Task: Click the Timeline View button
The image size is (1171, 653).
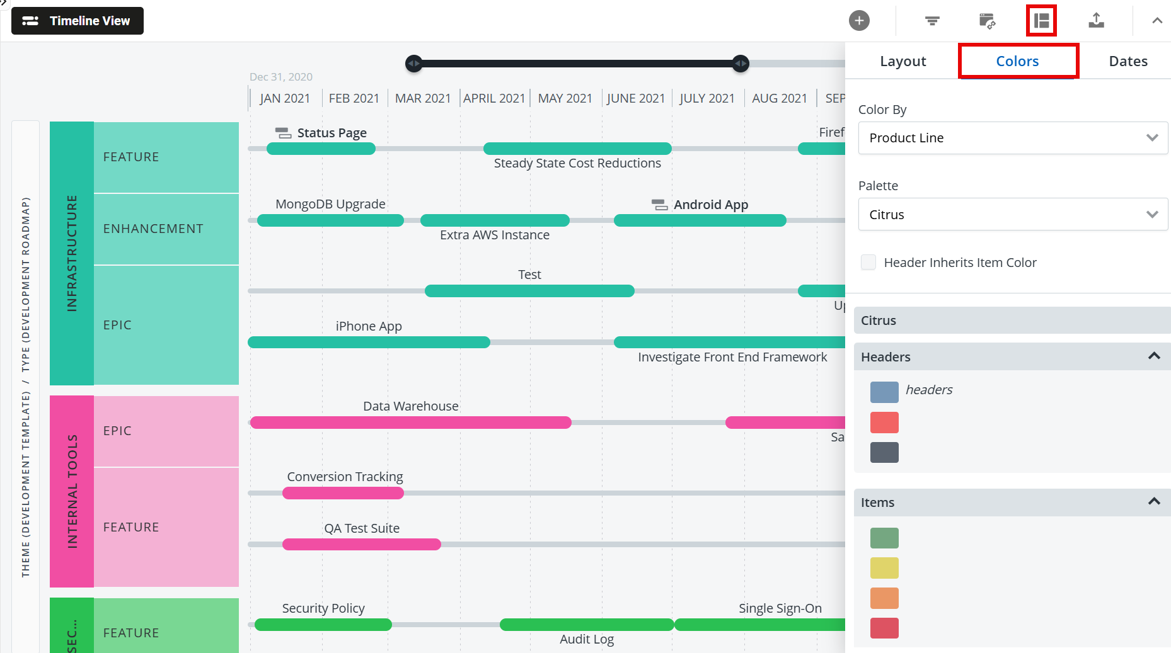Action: (x=78, y=21)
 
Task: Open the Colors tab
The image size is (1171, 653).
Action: (x=1017, y=61)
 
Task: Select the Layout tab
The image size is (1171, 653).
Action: (x=903, y=61)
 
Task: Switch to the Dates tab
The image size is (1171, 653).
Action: (x=1128, y=61)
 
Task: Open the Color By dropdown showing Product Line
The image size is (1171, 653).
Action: (x=1012, y=138)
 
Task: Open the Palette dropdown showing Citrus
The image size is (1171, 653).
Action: (x=1012, y=215)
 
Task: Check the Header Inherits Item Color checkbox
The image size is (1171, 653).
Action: (x=868, y=263)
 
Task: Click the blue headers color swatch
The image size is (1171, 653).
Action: (x=884, y=392)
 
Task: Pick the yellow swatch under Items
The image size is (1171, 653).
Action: (x=884, y=568)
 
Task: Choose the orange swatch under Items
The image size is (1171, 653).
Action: (x=884, y=598)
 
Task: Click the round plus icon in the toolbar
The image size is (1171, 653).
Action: (x=859, y=21)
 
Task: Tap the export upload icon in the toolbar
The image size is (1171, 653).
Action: (x=1096, y=21)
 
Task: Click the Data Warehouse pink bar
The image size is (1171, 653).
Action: (x=410, y=423)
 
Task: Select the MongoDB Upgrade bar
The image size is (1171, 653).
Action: (x=330, y=220)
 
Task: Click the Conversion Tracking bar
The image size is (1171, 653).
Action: (x=343, y=493)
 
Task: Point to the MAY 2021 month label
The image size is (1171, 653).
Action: (x=565, y=98)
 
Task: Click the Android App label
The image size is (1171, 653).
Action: (x=710, y=205)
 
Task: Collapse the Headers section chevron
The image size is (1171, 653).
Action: (x=1154, y=356)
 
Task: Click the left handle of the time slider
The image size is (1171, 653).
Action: (x=414, y=64)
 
